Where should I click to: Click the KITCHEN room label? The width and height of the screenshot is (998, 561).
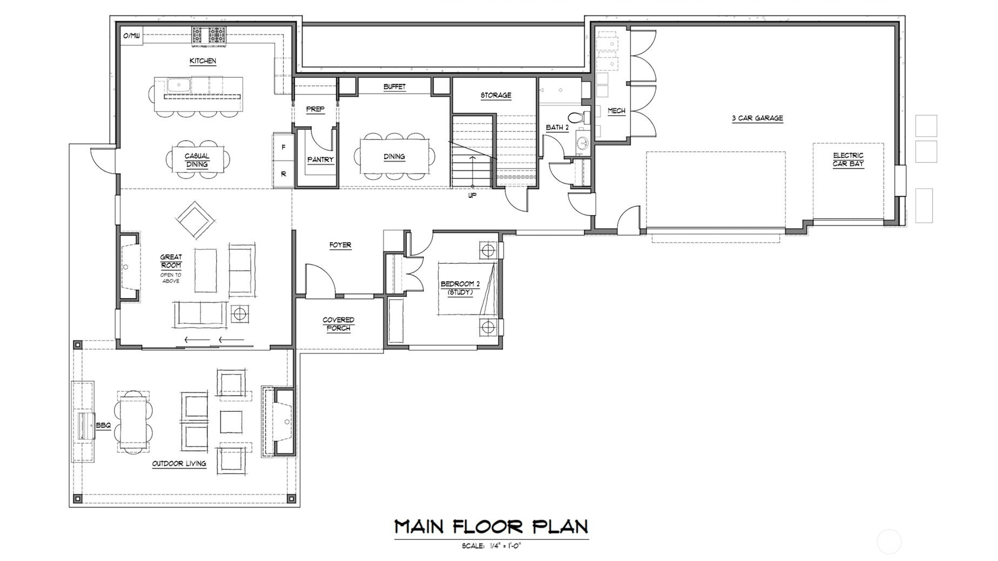(x=203, y=61)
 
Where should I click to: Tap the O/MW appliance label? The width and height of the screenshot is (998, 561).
(x=131, y=36)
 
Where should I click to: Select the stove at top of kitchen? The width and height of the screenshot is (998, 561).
(x=209, y=35)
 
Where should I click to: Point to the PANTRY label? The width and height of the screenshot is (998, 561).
(x=320, y=159)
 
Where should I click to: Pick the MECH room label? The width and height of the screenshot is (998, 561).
(x=616, y=111)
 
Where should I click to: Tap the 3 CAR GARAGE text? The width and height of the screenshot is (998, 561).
(x=757, y=118)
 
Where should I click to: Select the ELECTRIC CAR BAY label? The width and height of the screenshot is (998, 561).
(x=848, y=159)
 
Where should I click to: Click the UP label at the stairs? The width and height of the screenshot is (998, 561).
(x=472, y=196)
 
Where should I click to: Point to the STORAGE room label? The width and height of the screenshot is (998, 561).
(x=495, y=95)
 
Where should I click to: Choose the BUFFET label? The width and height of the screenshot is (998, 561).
(x=394, y=86)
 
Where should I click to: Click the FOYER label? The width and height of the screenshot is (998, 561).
(x=340, y=245)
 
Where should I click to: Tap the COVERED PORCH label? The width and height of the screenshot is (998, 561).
(x=339, y=324)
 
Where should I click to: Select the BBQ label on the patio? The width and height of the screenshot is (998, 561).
(x=103, y=426)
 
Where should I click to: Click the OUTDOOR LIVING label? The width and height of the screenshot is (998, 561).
(x=179, y=463)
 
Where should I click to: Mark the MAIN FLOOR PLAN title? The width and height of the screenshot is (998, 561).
(x=491, y=526)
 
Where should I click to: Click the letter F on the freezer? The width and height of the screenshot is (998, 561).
(x=284, y=147)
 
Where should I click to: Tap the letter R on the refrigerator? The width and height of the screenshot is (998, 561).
(x=284, y=174)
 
